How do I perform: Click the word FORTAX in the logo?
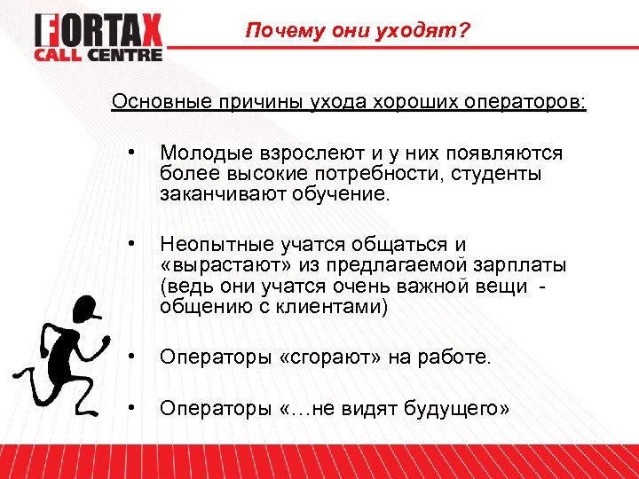click(99, 31)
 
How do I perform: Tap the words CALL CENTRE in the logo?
click(99, 55)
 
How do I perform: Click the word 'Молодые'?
click(199, 154)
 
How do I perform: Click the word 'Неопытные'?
click(209, 244)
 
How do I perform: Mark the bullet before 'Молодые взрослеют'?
click(130, 153)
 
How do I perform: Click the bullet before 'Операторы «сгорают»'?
click(130, 357)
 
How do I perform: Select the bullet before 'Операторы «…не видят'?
click(130, 407)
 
